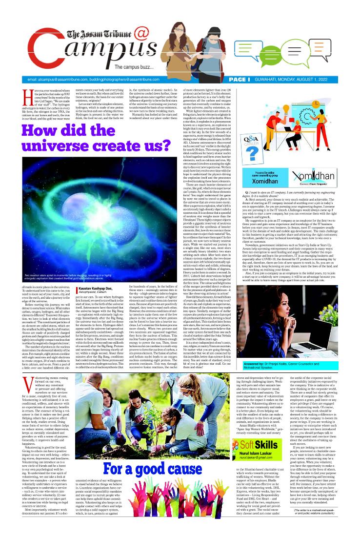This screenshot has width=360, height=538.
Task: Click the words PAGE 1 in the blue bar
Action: [239, 79]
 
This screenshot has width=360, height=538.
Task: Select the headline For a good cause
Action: [155, 471]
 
